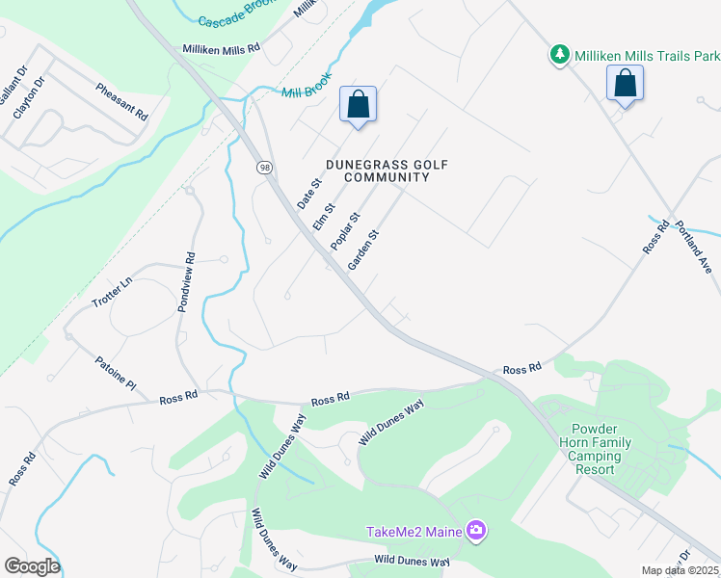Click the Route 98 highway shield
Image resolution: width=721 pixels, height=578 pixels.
264,168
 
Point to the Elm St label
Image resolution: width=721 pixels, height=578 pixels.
323,216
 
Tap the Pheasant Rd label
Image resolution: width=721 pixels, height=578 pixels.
120,101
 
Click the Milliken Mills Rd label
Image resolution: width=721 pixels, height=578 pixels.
222,48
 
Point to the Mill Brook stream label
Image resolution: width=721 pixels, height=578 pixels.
307,85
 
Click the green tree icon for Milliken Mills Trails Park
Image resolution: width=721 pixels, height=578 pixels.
559,55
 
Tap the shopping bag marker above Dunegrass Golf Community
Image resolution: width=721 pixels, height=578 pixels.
358,104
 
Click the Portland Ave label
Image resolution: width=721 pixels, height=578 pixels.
692,246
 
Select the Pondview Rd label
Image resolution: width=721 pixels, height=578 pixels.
186,281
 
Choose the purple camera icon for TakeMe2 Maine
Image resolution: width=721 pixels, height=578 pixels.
475,531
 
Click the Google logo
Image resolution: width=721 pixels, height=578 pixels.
31,566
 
